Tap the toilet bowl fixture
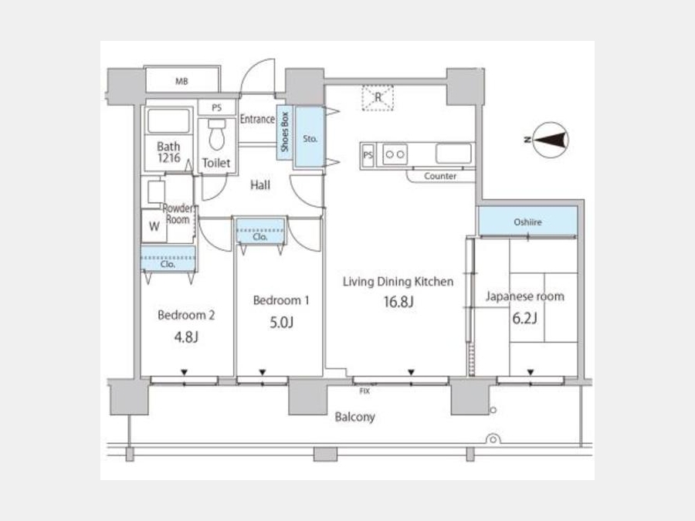217,134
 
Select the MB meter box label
181,82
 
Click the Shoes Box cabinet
284,132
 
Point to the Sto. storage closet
310,137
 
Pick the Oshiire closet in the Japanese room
527,221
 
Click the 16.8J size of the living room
398,302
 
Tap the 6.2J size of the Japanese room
525,318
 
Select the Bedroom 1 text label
281,300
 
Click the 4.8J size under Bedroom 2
186,337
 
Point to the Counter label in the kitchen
440,176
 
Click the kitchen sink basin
453,154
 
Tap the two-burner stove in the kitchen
395,154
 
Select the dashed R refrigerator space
378,97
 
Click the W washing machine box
154,226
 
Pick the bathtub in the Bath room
168,121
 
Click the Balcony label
354,417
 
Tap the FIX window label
364,391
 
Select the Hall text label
260,184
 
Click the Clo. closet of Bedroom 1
260,230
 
